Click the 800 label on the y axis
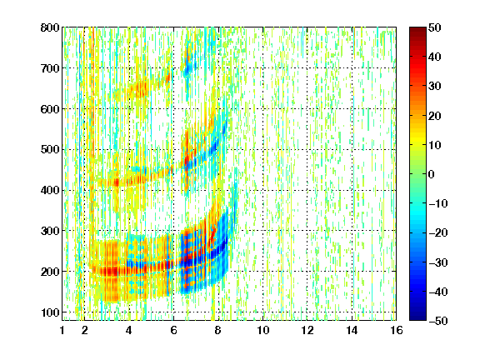pyautogui.click(x=50, y=27)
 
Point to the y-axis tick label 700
pyautogui.click(x=50, y=68)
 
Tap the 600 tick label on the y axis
pyautogui.click(x=50, y=109)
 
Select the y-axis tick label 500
pyautogui.click(x=50, y=150)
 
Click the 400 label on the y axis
pyautogui.click(x=50, y=190)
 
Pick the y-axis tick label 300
pyautogui.click(x=50, y=231)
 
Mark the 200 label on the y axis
pyautogui.click(x=50, y=272)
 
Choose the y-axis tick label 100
pyautogui.click(x=50, y=312)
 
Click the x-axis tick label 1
pyautogui.click(x=62, y=330)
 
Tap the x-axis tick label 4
pyautogui.click(x=129, y=330)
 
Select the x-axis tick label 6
pyautogui.click(x=173, y=330)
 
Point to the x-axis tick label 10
pyautogui.click(x=263, y=330)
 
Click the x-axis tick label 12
pyautogui.click(x=307, y=330)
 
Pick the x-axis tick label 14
pyautogui.click(x=352, y=330)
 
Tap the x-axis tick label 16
pyautogui.click(x=397, y=330)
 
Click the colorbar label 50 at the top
pyautogui.click(x=434, y=27)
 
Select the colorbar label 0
pyautogui.click(x=432, y=174)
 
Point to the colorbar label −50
pyautogui.click(x=438, y=321)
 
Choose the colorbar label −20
pyautogui.click(x=438, y=232)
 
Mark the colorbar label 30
pyautogui.click(x=434, y=86)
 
